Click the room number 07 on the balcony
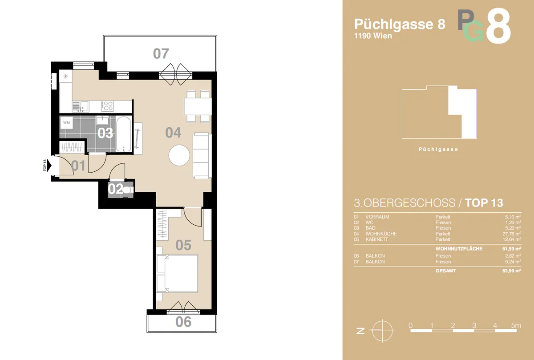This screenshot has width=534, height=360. [x=161, y=54]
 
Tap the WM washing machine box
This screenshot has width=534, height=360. [x=66, y=122]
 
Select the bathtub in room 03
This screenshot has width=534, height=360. [x=124, y=134]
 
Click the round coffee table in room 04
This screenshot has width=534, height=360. [x=179, y=155]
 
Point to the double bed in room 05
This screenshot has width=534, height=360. [x=177, y=274]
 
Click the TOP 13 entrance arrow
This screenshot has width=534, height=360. [x=49, y=165]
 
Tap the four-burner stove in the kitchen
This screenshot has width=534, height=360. [x=108, y=105]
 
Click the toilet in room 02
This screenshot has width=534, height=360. [x=128, y=190]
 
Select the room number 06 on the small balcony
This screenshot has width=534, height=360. [x=183, y=322]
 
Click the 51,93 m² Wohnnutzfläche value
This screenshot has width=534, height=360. [x=512, y=249]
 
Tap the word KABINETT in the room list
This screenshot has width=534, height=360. [x=376, y=239]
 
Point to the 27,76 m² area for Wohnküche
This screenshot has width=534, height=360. [x=512, y=234]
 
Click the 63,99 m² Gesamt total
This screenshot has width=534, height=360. [x=512, y=271]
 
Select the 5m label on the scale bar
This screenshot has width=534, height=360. [x=516, y=325]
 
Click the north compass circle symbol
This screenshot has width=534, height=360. [x=382, y=331]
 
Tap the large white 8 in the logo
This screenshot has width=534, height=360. [x=498, y=26]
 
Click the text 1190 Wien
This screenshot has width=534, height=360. [x=373, y=36]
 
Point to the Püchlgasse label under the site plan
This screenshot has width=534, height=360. [x=438, y=150]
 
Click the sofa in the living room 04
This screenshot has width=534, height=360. [x=202, y=156]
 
